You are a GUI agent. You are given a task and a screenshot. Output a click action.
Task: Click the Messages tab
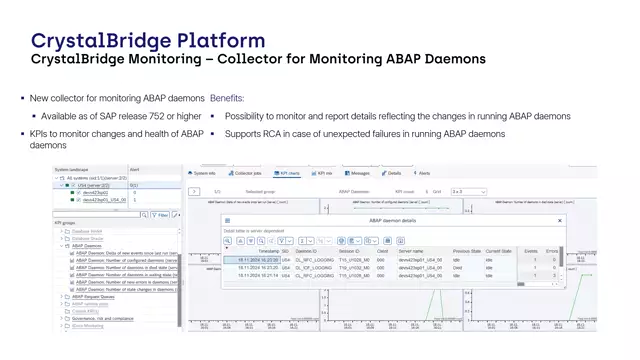pos(358,173)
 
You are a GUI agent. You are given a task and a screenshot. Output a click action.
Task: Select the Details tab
pos(393,173)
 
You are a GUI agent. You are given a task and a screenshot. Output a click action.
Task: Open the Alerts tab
pos(423,173)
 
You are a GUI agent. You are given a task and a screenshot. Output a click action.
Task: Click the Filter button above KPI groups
pos(161,214)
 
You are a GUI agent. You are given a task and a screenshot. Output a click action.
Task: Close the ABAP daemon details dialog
pos(559,220)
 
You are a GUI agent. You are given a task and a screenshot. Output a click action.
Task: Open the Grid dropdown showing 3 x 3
pos(469,190)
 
